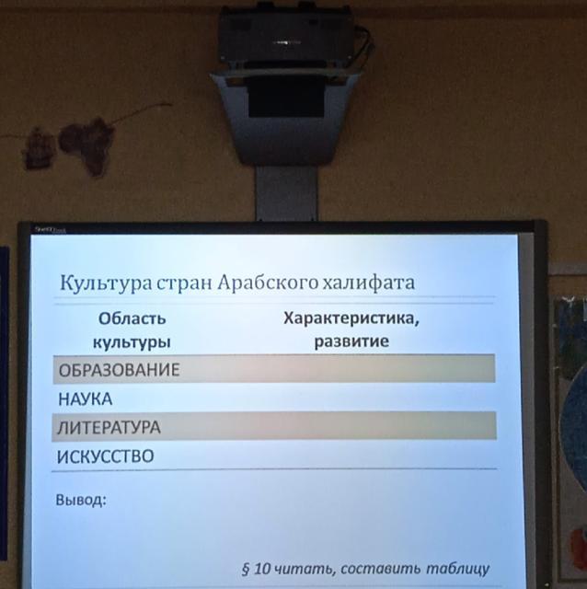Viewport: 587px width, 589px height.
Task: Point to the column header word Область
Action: click(132, 319)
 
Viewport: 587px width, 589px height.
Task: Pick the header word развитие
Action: click(351, 341)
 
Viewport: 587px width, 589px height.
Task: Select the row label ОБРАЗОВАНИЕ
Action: click(119, 370)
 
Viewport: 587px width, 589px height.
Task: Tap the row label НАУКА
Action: click(86, 398)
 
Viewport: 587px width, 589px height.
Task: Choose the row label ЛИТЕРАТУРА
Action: click(109, 427)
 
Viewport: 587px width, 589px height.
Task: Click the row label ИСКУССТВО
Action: click(106, 456)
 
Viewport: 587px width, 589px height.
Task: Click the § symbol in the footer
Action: click(246, 569)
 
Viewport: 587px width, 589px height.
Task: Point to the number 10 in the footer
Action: click(262, 569)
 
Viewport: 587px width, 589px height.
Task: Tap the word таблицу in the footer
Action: click(458, 569)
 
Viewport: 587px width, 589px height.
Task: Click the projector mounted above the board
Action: click(287, 34)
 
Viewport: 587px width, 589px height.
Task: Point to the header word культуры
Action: click(132, 342)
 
